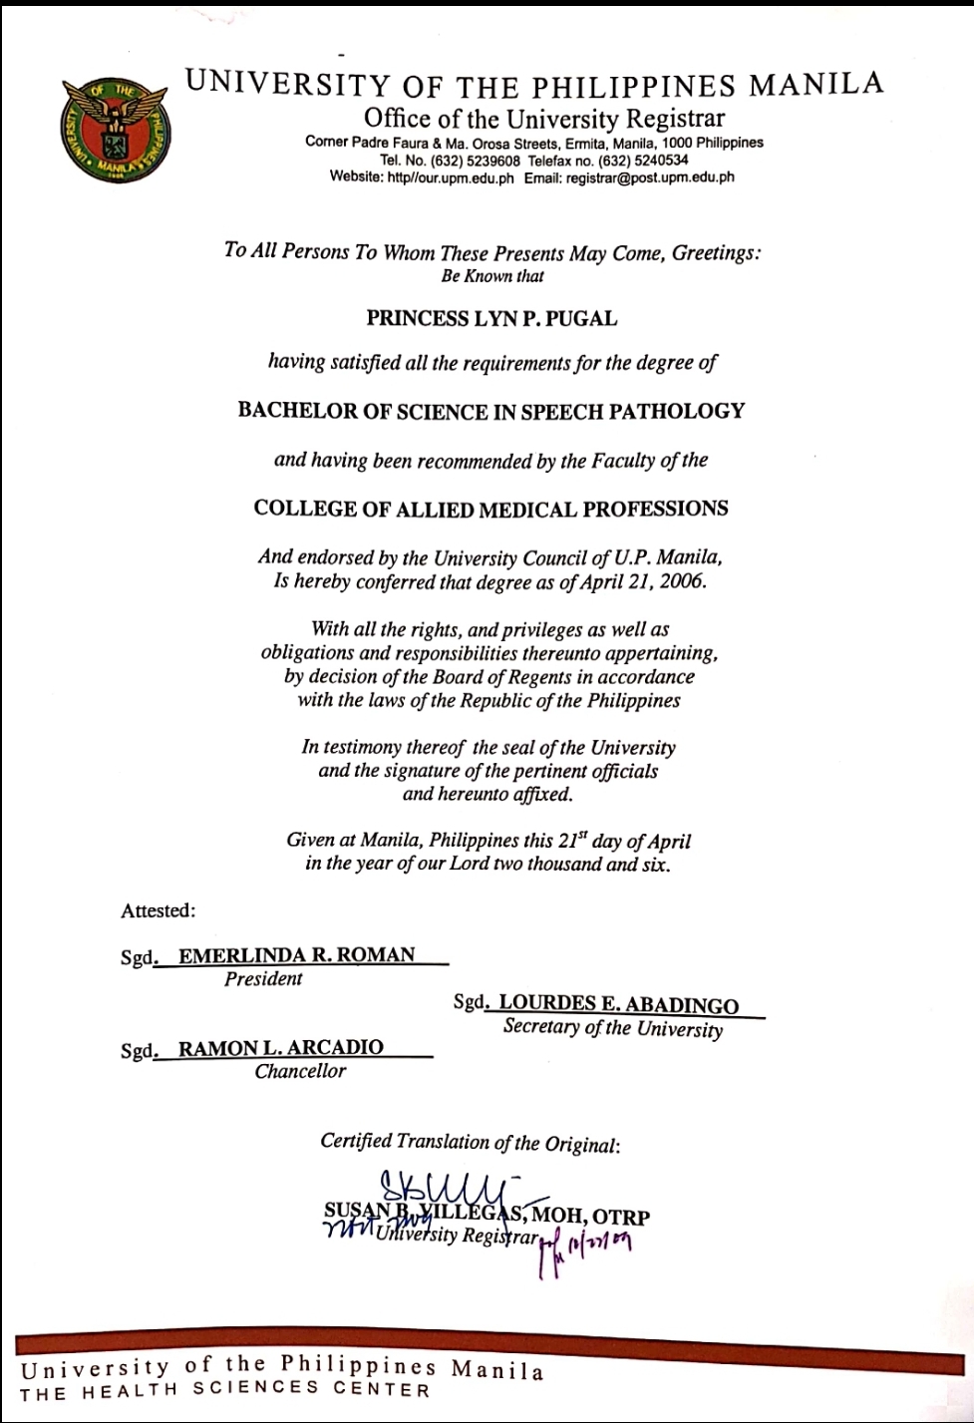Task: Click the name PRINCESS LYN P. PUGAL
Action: (x=491, y=319)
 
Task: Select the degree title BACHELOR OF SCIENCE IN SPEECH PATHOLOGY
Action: (x=490, y=411)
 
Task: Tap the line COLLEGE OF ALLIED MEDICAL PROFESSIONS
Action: (x=490, y=509)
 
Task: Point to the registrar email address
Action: (x=650, y=178)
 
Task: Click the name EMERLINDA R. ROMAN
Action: (x=296, y=954)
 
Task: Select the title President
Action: (x=263, y=979)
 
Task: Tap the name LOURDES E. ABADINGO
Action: (x=618, y=1004)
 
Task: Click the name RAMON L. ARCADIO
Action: (x=280, y=1047)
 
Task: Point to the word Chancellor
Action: (x=300, y=1072)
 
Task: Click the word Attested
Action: (x=159, y=910)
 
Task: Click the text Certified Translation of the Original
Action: (x=470, y=1142)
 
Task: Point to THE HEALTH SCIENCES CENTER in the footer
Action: (x=225, y=1391)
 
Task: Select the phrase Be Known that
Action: (x=492, y=276)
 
